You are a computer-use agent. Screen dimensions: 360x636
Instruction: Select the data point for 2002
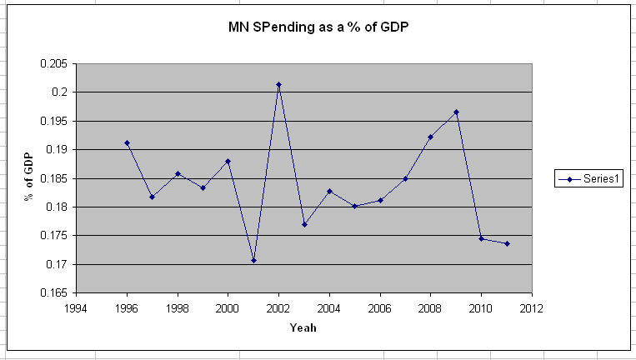pos(278,84)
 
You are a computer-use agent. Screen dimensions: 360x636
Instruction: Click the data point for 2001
pos(253,261)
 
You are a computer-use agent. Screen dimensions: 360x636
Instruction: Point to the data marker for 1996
pos(127,142)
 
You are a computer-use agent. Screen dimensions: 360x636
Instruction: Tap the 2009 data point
pos(456,112)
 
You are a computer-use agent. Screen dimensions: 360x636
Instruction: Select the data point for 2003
pos(304,224)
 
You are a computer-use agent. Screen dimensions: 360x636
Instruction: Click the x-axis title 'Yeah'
pos(303,327)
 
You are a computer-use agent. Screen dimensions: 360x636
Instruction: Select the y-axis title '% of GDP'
pos(29,177)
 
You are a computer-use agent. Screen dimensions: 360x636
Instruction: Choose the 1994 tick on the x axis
pos(76,307)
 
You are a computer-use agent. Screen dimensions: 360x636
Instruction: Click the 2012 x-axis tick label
pos(532,307)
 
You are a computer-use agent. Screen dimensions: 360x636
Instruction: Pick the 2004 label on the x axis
pos(329,307)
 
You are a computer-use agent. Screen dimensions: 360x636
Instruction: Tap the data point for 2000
pos(228,161)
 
